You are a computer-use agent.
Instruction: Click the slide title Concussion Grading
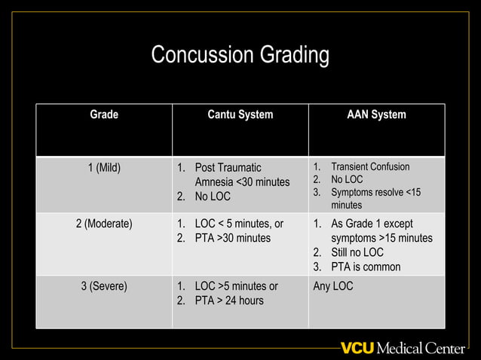click(240, 55)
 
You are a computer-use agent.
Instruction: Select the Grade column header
click(104, 115)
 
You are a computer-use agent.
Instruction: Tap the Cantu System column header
click(240, 115)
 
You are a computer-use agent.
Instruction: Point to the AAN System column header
click(376, 115)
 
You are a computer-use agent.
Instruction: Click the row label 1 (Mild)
click(104, 167)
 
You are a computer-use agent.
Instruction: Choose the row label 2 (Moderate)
click(104, 224)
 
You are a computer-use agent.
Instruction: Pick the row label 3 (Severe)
click(104, 286)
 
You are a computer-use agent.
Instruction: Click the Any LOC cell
click(332, 286)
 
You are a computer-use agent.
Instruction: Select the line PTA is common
click(366, 267)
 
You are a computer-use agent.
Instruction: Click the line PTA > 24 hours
click(229, 301)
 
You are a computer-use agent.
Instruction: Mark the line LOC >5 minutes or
click(236, 286)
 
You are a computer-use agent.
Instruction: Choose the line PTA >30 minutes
click(232, 239)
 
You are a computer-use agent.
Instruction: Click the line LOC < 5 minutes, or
click(239, 224)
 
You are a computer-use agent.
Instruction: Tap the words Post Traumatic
click(228, 167)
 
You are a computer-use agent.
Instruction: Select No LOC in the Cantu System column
click(213, 197)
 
